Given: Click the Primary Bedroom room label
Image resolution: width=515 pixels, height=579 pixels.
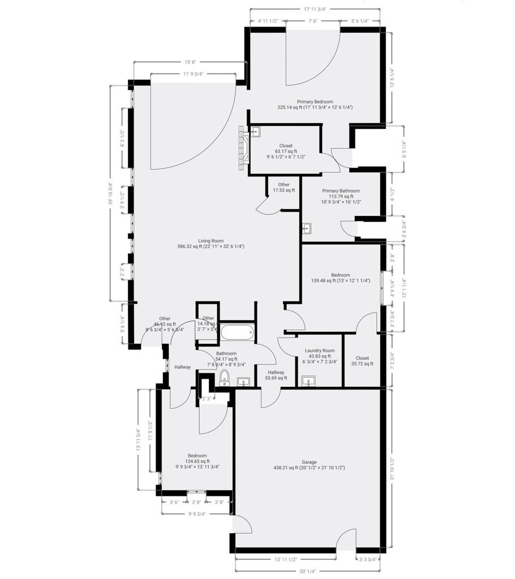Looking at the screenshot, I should [x=315, y=102].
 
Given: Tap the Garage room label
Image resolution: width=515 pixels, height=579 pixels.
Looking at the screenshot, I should [x=309, y=463].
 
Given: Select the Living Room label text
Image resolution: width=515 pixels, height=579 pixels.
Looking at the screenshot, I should [x=211, y=241].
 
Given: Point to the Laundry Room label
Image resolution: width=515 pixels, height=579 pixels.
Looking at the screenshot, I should [x=320, y=351].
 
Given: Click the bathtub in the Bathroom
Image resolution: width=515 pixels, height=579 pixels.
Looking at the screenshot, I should [x=237, y=331].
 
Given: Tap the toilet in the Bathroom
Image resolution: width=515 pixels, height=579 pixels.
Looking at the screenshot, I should [x=224, y=378].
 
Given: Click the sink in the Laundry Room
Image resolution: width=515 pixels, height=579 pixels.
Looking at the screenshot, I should [x=309, y=382].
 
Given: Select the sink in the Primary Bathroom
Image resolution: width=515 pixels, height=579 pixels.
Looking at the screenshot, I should [x=307, y=229].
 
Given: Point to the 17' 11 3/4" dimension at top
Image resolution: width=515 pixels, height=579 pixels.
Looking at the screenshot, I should [x=315, y=9].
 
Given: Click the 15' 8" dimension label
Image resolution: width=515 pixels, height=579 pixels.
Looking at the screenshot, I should [x=190, y=62].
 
